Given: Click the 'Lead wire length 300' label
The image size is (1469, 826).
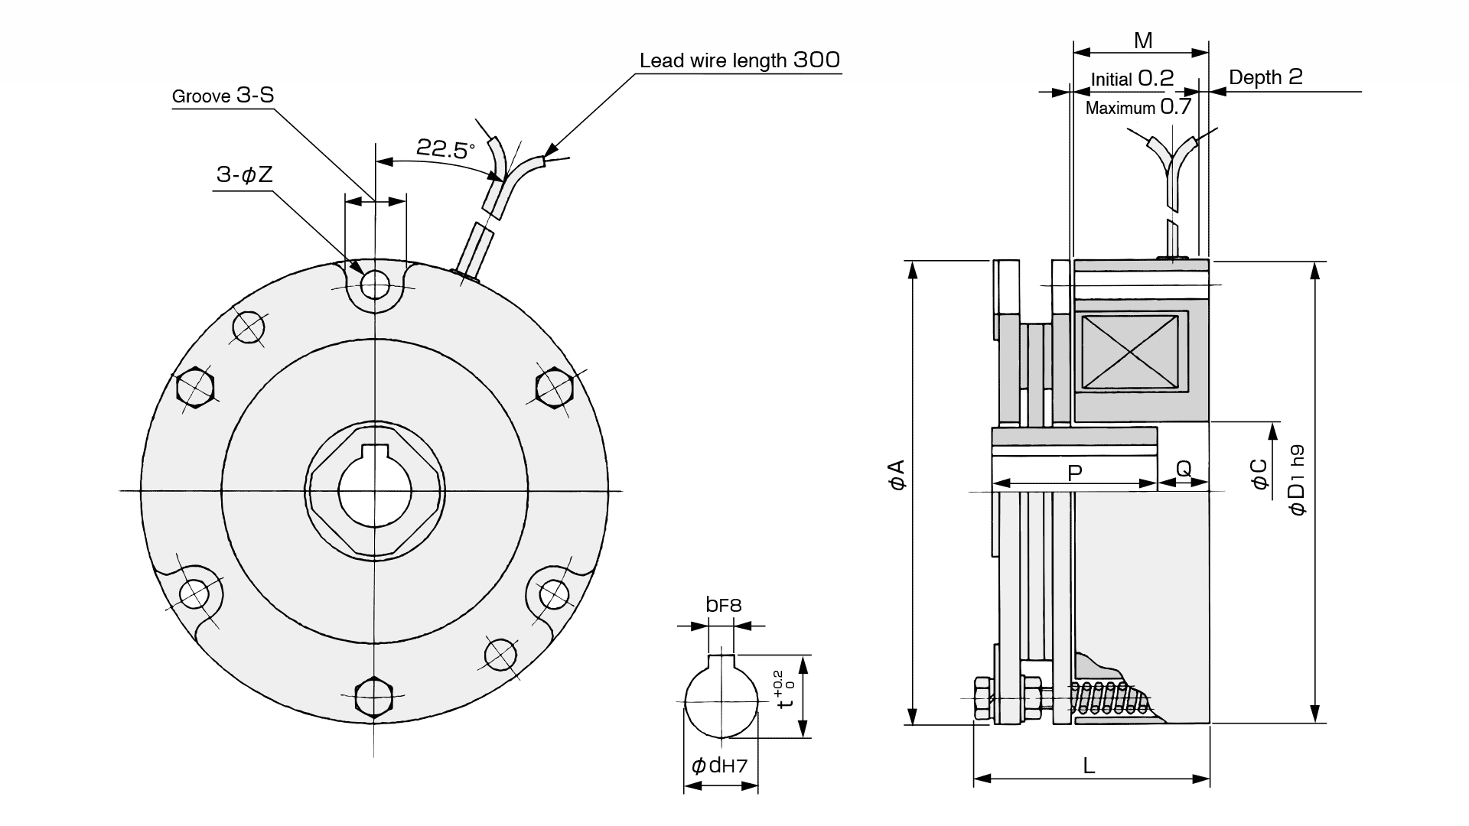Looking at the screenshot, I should point(739,60).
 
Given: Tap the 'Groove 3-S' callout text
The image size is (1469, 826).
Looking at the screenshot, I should point(223,96).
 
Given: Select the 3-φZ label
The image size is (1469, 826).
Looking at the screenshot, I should point(244,175).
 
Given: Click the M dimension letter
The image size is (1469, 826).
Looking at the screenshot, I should point(1143,41).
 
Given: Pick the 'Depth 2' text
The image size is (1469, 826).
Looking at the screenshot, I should point(1265,77).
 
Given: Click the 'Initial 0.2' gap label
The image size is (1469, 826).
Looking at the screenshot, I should point(1132,79).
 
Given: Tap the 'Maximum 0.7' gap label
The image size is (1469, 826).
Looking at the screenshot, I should point(1138,107).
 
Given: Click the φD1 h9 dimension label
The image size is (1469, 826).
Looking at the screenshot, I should point(1297,480).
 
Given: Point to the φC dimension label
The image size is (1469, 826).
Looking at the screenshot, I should point(1259,473).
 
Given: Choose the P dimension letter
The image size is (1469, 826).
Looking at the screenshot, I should point(1074,472).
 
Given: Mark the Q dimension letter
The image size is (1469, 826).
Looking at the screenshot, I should point(1184,469).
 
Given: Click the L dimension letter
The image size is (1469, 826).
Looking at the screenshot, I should point(1089,766).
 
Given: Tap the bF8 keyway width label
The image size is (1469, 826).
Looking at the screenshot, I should point(723,605).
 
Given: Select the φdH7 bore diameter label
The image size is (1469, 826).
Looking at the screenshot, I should point(719,766).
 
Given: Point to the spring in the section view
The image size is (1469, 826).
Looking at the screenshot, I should point(1109,698).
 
